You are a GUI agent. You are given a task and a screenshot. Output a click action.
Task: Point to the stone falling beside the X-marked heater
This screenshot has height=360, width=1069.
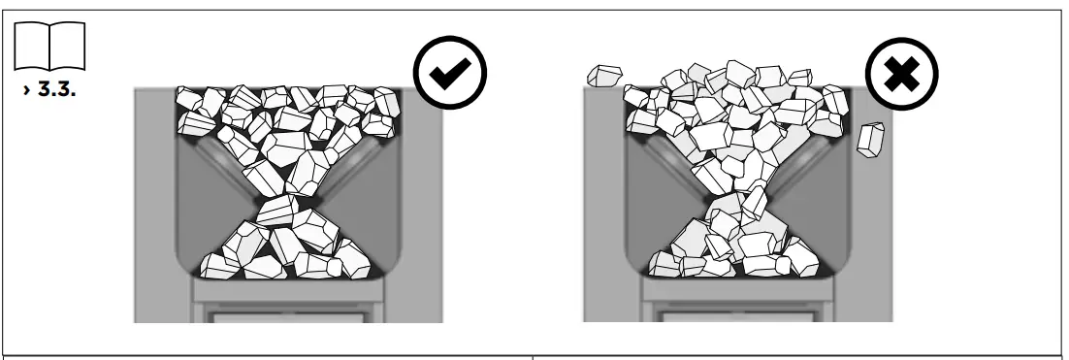coord(872,138)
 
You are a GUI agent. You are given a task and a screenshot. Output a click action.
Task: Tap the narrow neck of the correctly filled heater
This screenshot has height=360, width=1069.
coord(290,200)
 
